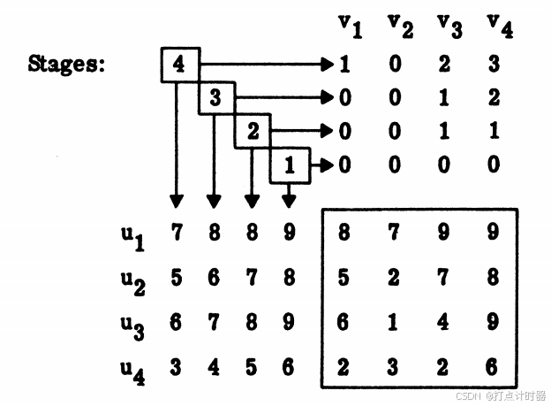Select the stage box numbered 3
[216, 98]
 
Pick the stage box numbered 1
[290, 165]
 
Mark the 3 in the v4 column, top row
[494, 65]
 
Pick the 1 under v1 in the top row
[345, 65]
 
